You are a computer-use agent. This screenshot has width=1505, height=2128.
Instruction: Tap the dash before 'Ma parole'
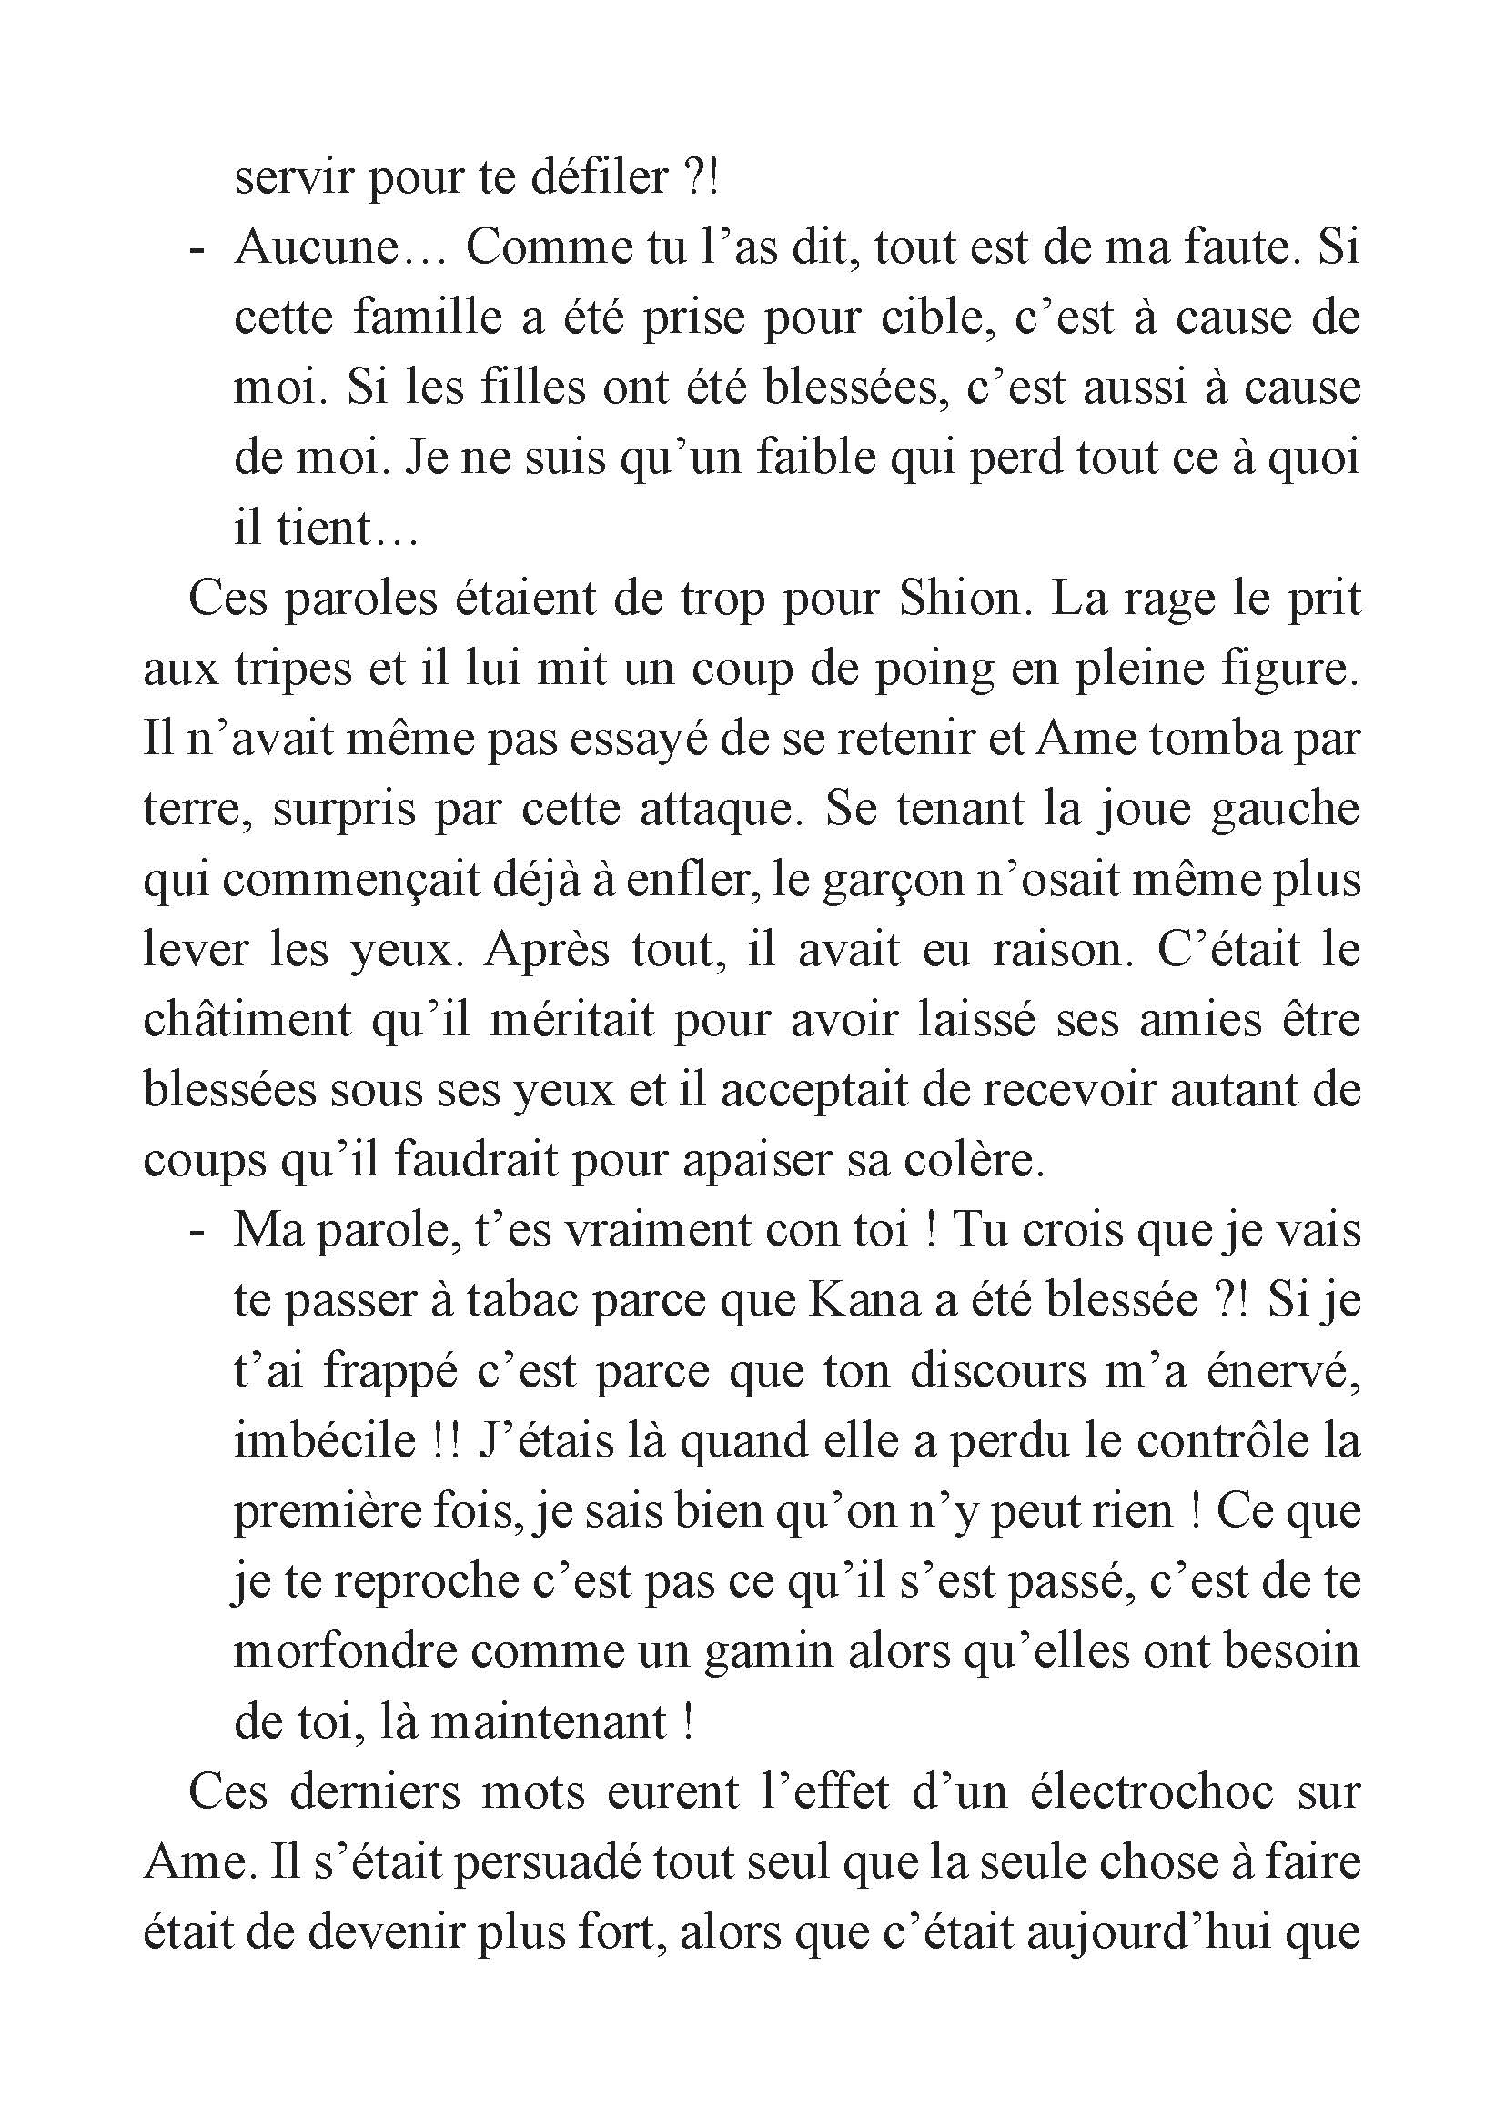(196, 1232)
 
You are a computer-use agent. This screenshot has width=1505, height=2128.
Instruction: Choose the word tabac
(518, 1301)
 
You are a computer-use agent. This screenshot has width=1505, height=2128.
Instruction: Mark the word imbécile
(324, 1442)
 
